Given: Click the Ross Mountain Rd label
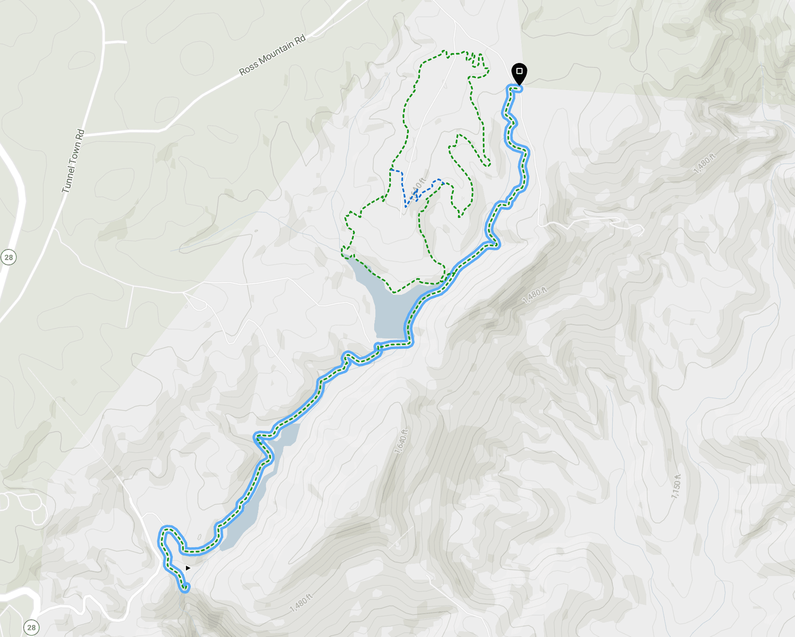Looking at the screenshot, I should pyautogui.click(x=272, y=55).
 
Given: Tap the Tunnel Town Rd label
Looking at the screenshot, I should pyautogui.click(x=73, y=161).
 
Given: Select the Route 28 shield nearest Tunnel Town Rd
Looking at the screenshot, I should pyautogui.click(x=8, y=258).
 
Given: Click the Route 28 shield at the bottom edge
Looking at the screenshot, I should pyautogui.click(x=31, y=627).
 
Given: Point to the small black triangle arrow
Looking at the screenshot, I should pyautogui.click(x=188, y=568).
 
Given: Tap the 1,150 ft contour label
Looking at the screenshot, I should pyautogui.click(x=676, y=486).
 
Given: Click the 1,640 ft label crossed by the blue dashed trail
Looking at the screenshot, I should pyautogui.click(x=419, y=185).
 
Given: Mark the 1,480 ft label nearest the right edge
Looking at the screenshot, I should pyautogui.click(x=704, y=163).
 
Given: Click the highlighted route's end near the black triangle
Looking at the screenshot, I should pyautogui.click(x=185, y=589).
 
